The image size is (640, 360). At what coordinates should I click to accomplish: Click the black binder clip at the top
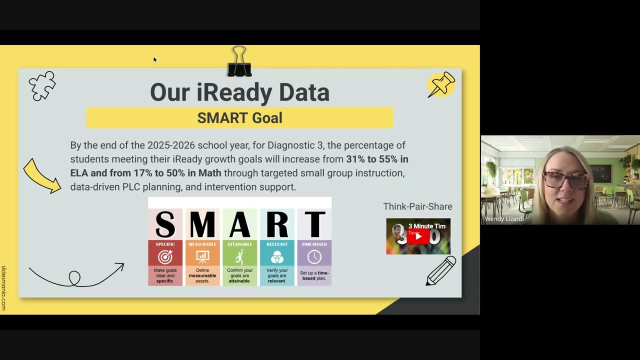tap(239, 62)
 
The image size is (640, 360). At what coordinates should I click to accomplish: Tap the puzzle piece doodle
tap(41, 85)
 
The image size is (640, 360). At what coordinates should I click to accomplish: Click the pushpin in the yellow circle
tap(441, 84)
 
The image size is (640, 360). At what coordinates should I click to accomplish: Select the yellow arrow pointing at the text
tap(41, 176)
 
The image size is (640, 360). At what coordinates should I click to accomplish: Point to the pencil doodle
tap(441, 270)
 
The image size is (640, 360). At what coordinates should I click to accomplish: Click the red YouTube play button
tap(418, 236)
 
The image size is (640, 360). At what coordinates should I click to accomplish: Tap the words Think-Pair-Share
tap(417, 206)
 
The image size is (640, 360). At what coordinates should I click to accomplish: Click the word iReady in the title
tap(234, 92)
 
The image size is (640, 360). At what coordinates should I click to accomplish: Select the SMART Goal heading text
tap(239, 118)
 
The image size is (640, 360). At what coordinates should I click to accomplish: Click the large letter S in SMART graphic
tap(165, 224)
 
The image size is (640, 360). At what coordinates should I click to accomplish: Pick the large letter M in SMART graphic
tap(202, 224)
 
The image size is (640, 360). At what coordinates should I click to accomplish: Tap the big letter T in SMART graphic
tap(314, 224)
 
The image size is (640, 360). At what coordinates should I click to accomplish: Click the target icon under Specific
tap(165, 257)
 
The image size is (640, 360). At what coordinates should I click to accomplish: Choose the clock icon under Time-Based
tap(314, 257)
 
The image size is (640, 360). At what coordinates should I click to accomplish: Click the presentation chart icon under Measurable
tap(202, 257)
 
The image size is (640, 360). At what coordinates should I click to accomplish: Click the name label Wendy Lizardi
tap(504, 219)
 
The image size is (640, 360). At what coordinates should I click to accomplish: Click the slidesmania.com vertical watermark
tap(3, 288)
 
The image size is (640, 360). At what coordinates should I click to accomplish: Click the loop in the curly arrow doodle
tap(74, 277)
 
